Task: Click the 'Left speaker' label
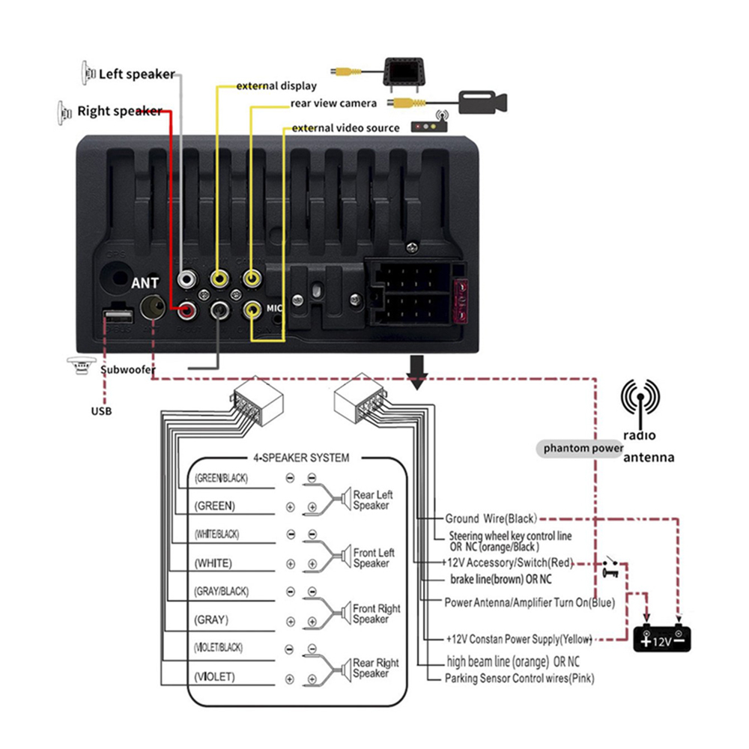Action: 136,74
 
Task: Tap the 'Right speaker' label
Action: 119,112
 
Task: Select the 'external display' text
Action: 276,86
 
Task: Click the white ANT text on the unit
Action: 145,283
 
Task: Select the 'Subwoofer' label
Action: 128,369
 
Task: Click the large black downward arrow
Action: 417,372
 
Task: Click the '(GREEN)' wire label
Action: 215,506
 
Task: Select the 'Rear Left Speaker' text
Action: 372,500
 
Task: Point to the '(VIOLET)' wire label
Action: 215,676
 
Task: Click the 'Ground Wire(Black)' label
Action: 491,518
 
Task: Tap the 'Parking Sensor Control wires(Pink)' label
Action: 521,679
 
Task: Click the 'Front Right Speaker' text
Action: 376,614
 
